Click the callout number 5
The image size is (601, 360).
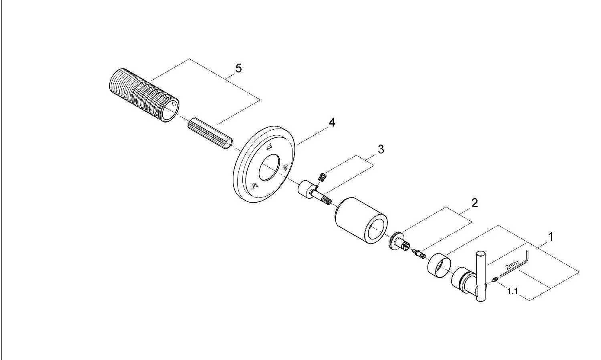238,68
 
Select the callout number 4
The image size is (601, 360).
332,123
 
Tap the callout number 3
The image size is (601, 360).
381,149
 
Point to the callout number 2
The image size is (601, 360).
475,203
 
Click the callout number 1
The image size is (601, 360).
551,237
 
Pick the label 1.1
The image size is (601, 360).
512,291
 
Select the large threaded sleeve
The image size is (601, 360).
144,95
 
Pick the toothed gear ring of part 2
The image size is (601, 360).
393,241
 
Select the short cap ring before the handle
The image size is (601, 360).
439,265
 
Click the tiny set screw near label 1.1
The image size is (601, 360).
494,280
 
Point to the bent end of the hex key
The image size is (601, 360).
528,254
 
